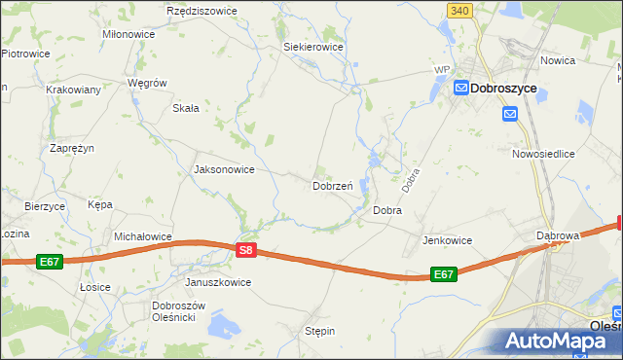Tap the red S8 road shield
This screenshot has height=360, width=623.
pos(246,250)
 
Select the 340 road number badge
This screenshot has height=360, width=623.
pos(460,10)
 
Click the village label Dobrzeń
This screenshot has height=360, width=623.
pos(332,185)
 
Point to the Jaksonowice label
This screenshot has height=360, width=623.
pos(225,169)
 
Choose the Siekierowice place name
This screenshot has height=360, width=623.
pos(312,46)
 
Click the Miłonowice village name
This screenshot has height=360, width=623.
pos(128,34)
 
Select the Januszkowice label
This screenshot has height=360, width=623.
pos(218,282)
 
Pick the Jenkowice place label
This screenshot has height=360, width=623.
pos(447,240)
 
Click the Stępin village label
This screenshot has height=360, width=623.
pos(319,331)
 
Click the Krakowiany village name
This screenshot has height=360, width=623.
pos(73,90)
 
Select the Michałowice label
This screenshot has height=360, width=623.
pos(143,236)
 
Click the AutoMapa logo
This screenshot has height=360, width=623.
pos(559,341)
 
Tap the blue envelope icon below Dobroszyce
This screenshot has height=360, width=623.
pos(511,114)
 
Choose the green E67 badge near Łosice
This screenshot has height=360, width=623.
pos(50,262)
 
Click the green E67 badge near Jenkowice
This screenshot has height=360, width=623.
pos(443,274)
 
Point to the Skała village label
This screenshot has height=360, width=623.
pos(186,108)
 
